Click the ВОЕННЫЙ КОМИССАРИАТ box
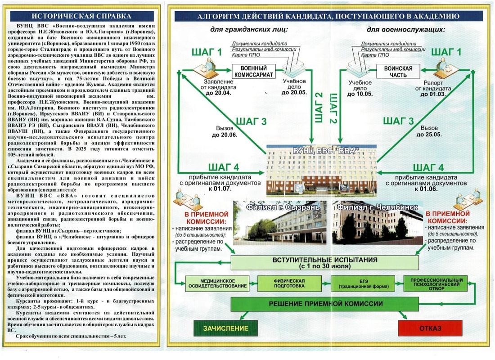click(x=253, y=72)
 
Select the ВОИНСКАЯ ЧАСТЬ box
click(x=398, y=72)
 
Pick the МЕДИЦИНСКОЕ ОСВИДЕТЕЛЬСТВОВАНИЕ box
click(x=217, y=283)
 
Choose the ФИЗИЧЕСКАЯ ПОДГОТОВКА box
click(x=289, y=283)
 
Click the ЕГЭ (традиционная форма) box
click(x=363, y=283)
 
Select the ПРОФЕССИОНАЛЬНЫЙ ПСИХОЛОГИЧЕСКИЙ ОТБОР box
click(x=436, y=283)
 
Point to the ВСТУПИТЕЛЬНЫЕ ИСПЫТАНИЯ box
click(x=325, y=263)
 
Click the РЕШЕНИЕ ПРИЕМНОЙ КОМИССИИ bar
click(x=325, y=304)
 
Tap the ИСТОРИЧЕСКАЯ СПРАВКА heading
click(x=82, y=16)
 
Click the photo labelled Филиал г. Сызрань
click(x=280, y=223)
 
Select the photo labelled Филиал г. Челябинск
click(x=377, y=223)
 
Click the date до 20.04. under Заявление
click(x=218, y=93)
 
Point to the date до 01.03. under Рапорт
click(x=432, y=94)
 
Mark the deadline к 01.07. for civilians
click(x=220, y=189)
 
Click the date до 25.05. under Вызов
click(x=429, y=135)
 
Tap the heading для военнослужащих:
click(x=405, y=29)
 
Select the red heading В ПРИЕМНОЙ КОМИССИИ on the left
click(x=207, y=218)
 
